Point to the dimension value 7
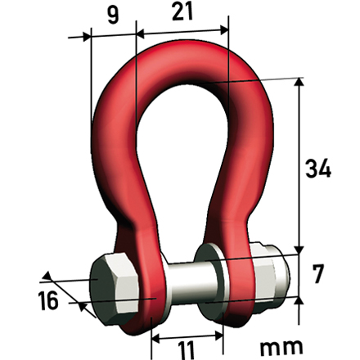click(319, 273)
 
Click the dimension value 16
click(48, 300)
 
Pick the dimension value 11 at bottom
click(187, 350)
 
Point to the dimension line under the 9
click(111, 35)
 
